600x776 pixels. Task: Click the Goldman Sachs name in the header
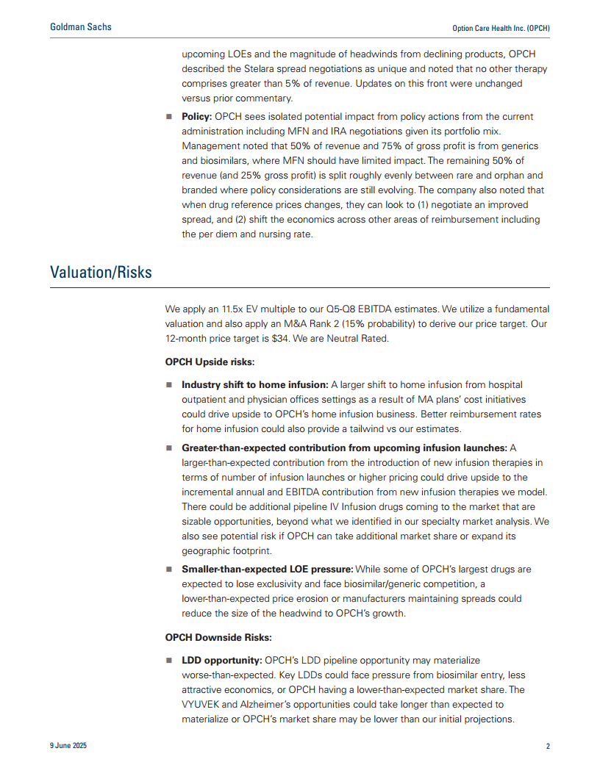[81, 27]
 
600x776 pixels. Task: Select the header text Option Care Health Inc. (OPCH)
[501, 28]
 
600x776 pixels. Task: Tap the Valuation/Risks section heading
[101, 272]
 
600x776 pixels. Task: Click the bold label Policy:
[197, 117]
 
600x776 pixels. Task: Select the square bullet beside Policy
[168, 117]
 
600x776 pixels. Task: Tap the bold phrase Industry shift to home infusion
[254, 384]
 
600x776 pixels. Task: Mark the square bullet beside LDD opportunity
[168, 661]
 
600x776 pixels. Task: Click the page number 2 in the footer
[547, 746]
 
